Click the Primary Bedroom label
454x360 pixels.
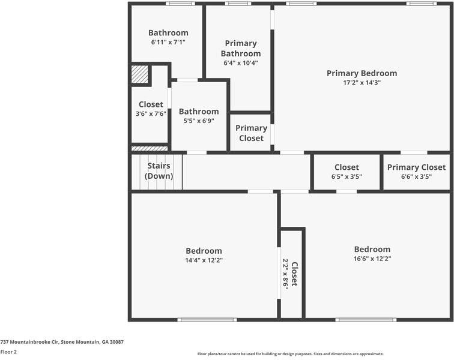(362, 73)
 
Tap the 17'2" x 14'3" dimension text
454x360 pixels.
(362, 83)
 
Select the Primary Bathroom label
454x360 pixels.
(241, 48)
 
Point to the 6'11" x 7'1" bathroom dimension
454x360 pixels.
(168, 43)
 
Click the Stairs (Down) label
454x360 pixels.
(159, 171)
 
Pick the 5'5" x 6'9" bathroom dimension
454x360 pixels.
(199, 121)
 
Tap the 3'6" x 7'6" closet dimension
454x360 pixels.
(151, 113)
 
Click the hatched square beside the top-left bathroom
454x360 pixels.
(139, 74)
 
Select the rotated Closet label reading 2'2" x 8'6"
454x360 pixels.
(291, 274)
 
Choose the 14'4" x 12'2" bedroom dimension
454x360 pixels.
(204, 260)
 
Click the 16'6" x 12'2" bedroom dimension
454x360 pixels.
(372, 259)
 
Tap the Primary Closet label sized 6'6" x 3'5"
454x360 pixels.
(416, 167)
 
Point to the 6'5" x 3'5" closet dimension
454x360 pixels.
(347, 176)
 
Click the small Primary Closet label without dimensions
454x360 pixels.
(251, 133)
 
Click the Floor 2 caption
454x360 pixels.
(8, 352)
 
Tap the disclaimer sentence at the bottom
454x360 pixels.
(291, 354)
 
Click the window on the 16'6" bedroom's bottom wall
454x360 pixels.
(366, 320)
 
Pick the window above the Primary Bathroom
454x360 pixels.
(238, 4)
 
